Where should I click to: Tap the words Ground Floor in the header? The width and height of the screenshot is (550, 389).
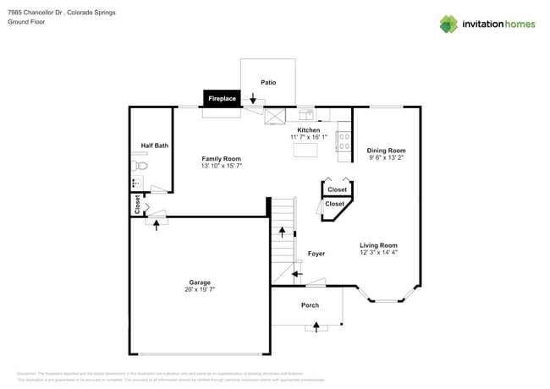pos(26,22)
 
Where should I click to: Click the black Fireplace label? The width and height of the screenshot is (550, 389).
pos(222,99)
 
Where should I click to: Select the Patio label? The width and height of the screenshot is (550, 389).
pos(268,82)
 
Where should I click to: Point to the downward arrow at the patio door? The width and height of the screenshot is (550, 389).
pos(252,100)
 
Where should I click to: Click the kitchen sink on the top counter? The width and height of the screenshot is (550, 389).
pos(305,114)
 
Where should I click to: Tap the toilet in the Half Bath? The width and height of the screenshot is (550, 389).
pos(140,167)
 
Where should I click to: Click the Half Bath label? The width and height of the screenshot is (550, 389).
pos(154,145)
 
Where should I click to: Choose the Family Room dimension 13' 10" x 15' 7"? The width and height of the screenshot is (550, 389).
pos(221,167)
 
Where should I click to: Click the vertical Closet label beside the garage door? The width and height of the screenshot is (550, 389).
pos(136,204)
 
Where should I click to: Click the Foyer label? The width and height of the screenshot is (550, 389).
pos(316,254)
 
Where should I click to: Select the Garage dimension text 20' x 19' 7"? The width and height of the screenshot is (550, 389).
pos(200,290)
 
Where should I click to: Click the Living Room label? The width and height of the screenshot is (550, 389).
pos(378,244)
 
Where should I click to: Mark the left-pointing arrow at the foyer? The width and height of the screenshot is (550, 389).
pos(297,274)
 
